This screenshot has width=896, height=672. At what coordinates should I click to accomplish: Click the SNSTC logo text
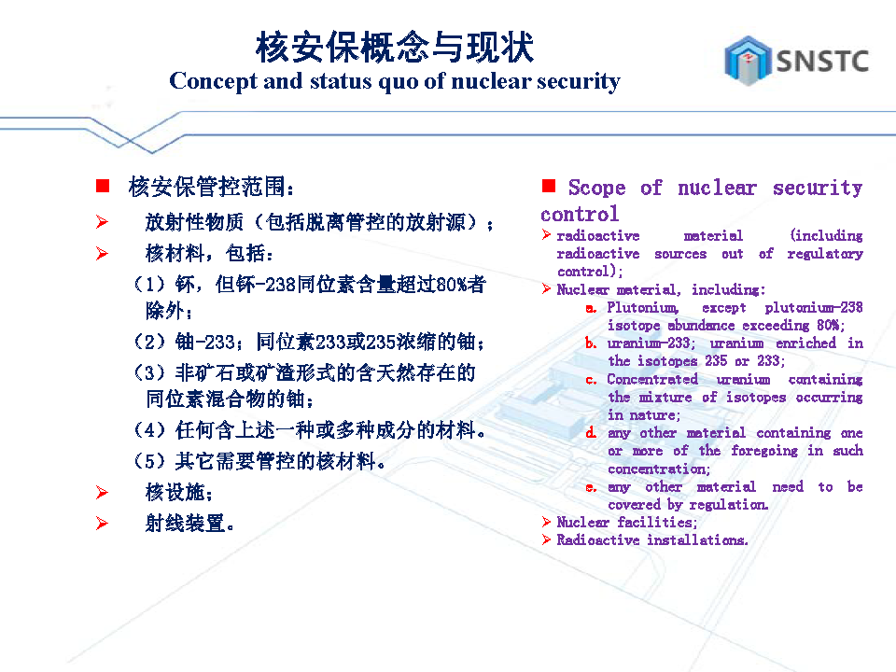coord(822,62)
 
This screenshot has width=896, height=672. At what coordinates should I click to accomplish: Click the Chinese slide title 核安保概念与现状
coord(395,47)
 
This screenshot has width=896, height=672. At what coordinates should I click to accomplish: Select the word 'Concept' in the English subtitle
coord(214,81)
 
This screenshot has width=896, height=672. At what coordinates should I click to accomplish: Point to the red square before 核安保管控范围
coord(103,186)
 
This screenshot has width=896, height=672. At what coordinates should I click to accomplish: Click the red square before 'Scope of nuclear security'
coord(549,186)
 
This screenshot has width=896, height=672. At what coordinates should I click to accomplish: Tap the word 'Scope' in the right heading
coord(596,188)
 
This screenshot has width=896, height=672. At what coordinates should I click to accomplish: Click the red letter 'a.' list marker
coord(591,309)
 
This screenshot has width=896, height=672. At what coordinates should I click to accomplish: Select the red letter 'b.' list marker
coord(591,343)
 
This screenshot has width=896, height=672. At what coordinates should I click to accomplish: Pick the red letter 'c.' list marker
coord(591,380)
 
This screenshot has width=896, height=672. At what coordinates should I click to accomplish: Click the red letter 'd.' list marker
coord(591,432)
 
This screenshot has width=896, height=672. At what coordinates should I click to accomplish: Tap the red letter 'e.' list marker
coord(591,487)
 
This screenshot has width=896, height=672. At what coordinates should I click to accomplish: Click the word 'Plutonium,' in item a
coord(643,307)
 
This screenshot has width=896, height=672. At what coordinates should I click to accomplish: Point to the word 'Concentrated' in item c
coord(652,379)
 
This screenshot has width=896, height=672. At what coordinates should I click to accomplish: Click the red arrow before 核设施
coord(103,492)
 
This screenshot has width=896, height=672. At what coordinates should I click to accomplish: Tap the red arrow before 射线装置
coord(103,523)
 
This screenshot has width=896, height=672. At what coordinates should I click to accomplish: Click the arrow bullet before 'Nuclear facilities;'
coord(546,522)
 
